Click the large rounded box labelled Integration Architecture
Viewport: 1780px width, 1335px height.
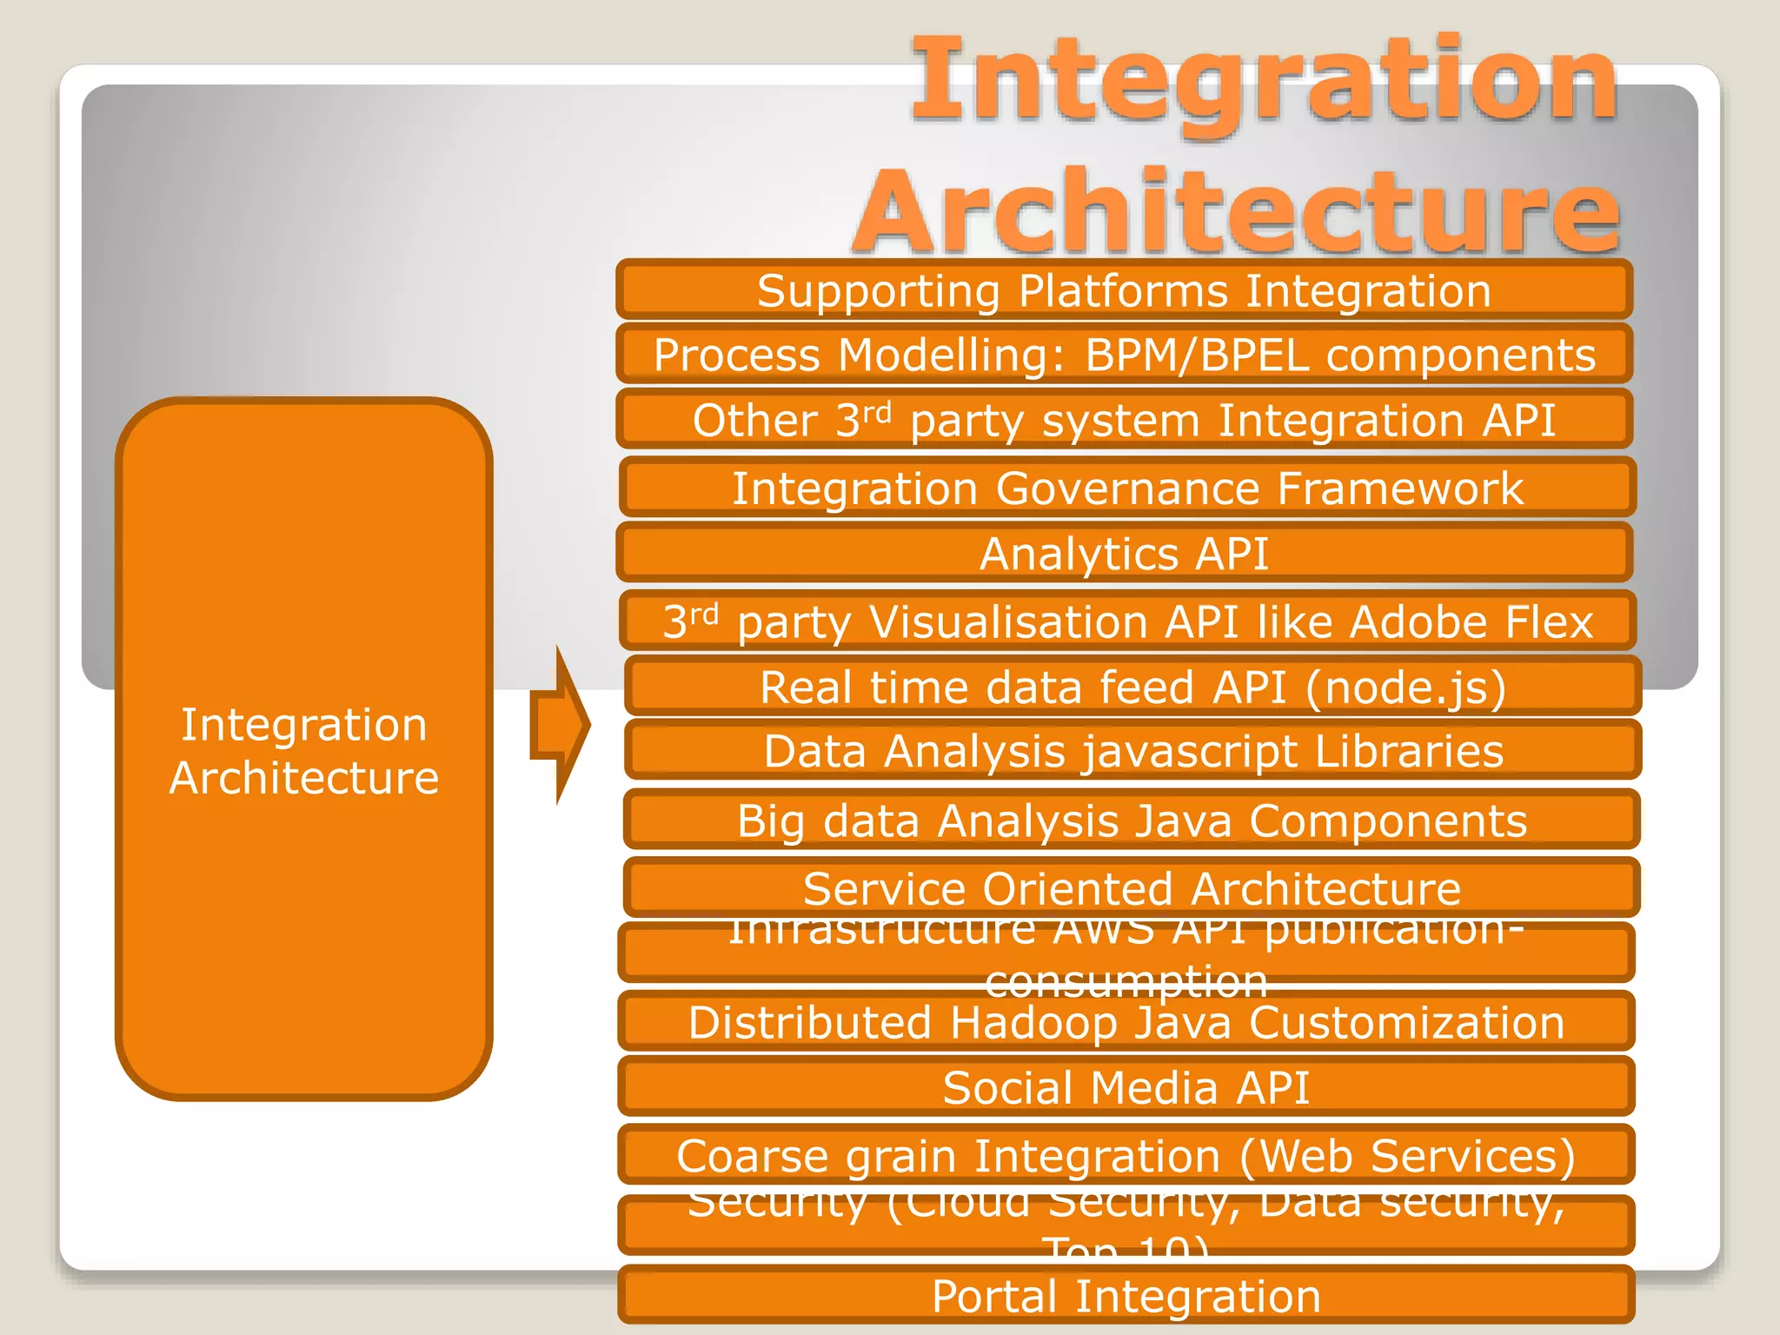pos(303,750)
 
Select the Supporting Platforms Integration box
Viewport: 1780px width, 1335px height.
pos(1124,290)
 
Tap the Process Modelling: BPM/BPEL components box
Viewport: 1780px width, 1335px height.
pos(1124,355)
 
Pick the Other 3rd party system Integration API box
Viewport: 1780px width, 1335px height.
pos(1124,421)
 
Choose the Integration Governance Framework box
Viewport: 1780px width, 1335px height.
pos(1127,488)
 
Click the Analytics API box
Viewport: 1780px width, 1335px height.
pos(1124,554)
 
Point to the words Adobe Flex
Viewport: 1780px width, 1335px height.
pos(1471,622)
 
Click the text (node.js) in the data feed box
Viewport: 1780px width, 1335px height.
pos(1405,687)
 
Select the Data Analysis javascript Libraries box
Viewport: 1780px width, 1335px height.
pos(1132,751)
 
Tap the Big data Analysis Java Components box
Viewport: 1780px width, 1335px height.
pos(1132,820)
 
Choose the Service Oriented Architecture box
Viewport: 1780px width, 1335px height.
pos(1132,888)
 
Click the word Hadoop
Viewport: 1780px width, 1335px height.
pos(1033,1023)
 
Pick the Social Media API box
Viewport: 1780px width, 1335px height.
pos(1126,1088)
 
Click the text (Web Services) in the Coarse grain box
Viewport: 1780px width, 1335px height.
pos(1407,1156)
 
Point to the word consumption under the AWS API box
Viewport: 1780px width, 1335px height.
pos(1126,982)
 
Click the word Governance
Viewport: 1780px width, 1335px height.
pos(1127,488)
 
